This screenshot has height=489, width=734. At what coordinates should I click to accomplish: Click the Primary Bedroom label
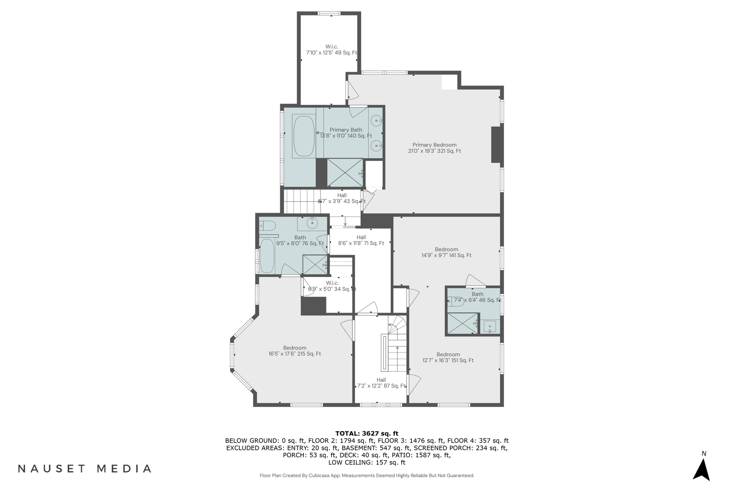pos(434,148)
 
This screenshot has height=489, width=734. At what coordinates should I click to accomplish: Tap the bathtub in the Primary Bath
pos(304,136)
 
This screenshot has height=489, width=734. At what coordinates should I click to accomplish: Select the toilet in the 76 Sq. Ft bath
pos(268,225)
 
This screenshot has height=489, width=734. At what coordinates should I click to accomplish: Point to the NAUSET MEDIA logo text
pos(85,469)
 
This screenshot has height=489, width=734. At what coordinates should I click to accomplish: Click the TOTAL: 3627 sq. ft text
pos(367,434)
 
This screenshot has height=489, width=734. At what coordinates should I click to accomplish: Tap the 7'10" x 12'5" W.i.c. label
pos(332,50)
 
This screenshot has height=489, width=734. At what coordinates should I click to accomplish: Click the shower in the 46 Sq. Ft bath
pos(462,324)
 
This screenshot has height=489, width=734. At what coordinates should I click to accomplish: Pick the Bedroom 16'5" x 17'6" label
pos(294,351)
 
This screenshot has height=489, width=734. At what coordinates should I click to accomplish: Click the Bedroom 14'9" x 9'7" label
pos(446,252)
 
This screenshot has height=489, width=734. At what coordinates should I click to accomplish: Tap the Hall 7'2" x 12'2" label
pos(381,383)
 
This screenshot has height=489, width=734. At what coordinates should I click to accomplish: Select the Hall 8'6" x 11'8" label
pos(361,240)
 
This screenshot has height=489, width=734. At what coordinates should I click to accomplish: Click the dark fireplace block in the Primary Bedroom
pos(495,145)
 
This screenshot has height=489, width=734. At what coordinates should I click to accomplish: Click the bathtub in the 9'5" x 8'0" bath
pos(267,256)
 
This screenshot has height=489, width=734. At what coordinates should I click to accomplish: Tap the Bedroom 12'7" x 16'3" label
pos(448,357)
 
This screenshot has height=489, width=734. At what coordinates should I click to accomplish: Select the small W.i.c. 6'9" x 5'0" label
pos(332,286)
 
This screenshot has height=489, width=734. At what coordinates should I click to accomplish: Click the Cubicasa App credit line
pos(367,476)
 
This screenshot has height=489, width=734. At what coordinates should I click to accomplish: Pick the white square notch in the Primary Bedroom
pos(449,82)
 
